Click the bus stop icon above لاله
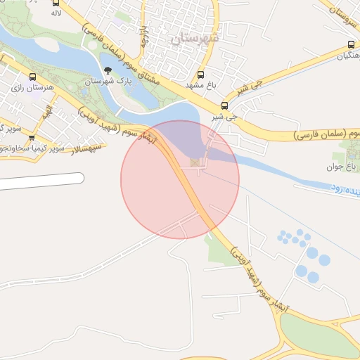coord(56,3)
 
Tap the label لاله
coord(56,13)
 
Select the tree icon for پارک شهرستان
coord(108,70)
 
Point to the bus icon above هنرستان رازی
coord(32,78)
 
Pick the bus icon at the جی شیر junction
coord(224,105)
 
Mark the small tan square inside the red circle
coord(195,164)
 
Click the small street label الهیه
coord(47,113)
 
